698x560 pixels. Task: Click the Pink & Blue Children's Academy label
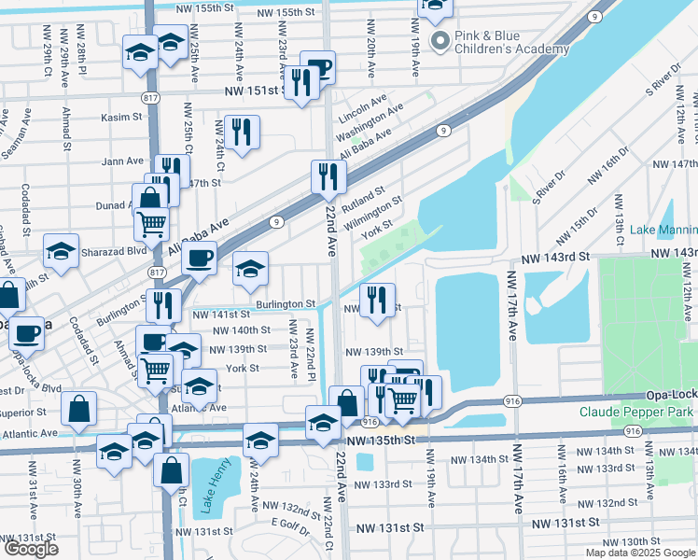pos(510,42)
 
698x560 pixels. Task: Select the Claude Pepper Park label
pos(636,412)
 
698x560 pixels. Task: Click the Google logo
pos(31,549)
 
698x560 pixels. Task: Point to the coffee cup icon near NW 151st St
pos(317,66)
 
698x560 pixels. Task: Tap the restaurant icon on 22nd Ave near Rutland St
pos(328,175)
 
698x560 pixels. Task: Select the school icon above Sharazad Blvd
pos(62,251)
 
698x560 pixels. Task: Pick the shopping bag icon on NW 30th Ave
pos(79,407)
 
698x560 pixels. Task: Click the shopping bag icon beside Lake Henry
pos(173,470)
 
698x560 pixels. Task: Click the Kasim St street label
pos(122,118)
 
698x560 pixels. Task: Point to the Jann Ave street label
pos(122,161)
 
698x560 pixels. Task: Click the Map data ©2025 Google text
pos(639,553)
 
